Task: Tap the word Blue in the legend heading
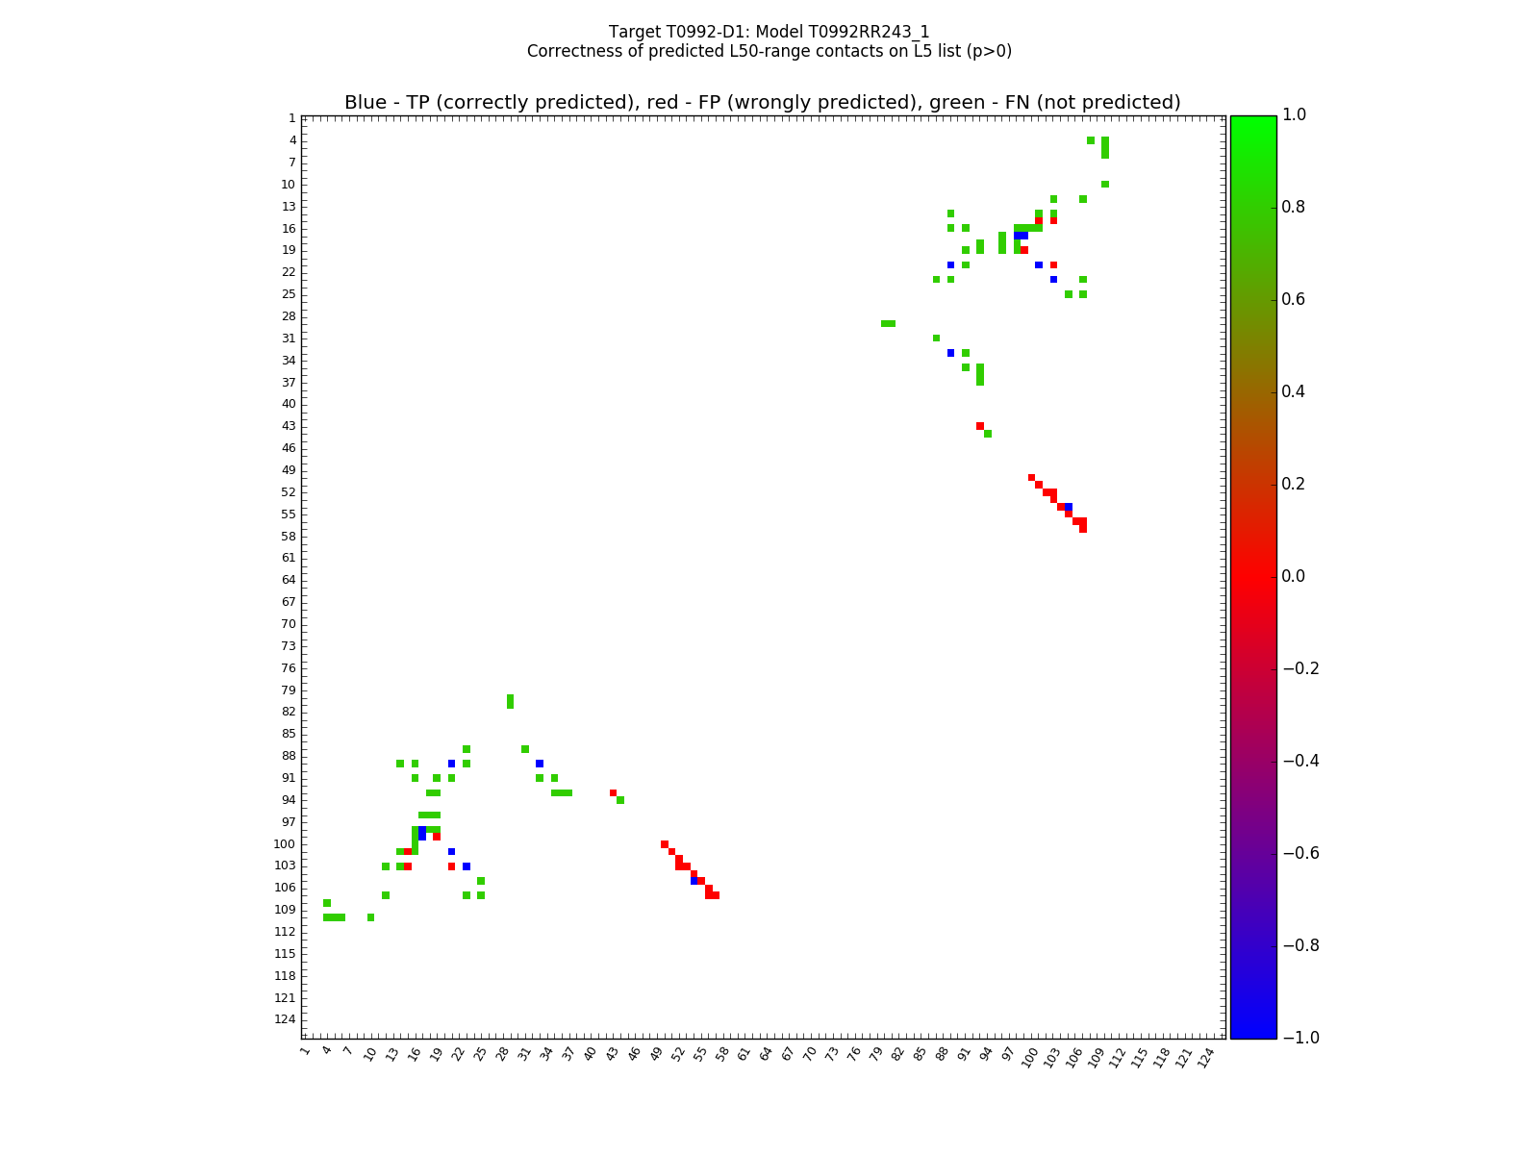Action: coord(365,103)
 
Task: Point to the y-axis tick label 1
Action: coord(291,118)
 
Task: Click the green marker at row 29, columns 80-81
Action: coord(888,323)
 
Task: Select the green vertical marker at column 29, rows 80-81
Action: coord(510,701)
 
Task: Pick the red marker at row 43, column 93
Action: coord(980,426)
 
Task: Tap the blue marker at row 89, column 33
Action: coord(540,764)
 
